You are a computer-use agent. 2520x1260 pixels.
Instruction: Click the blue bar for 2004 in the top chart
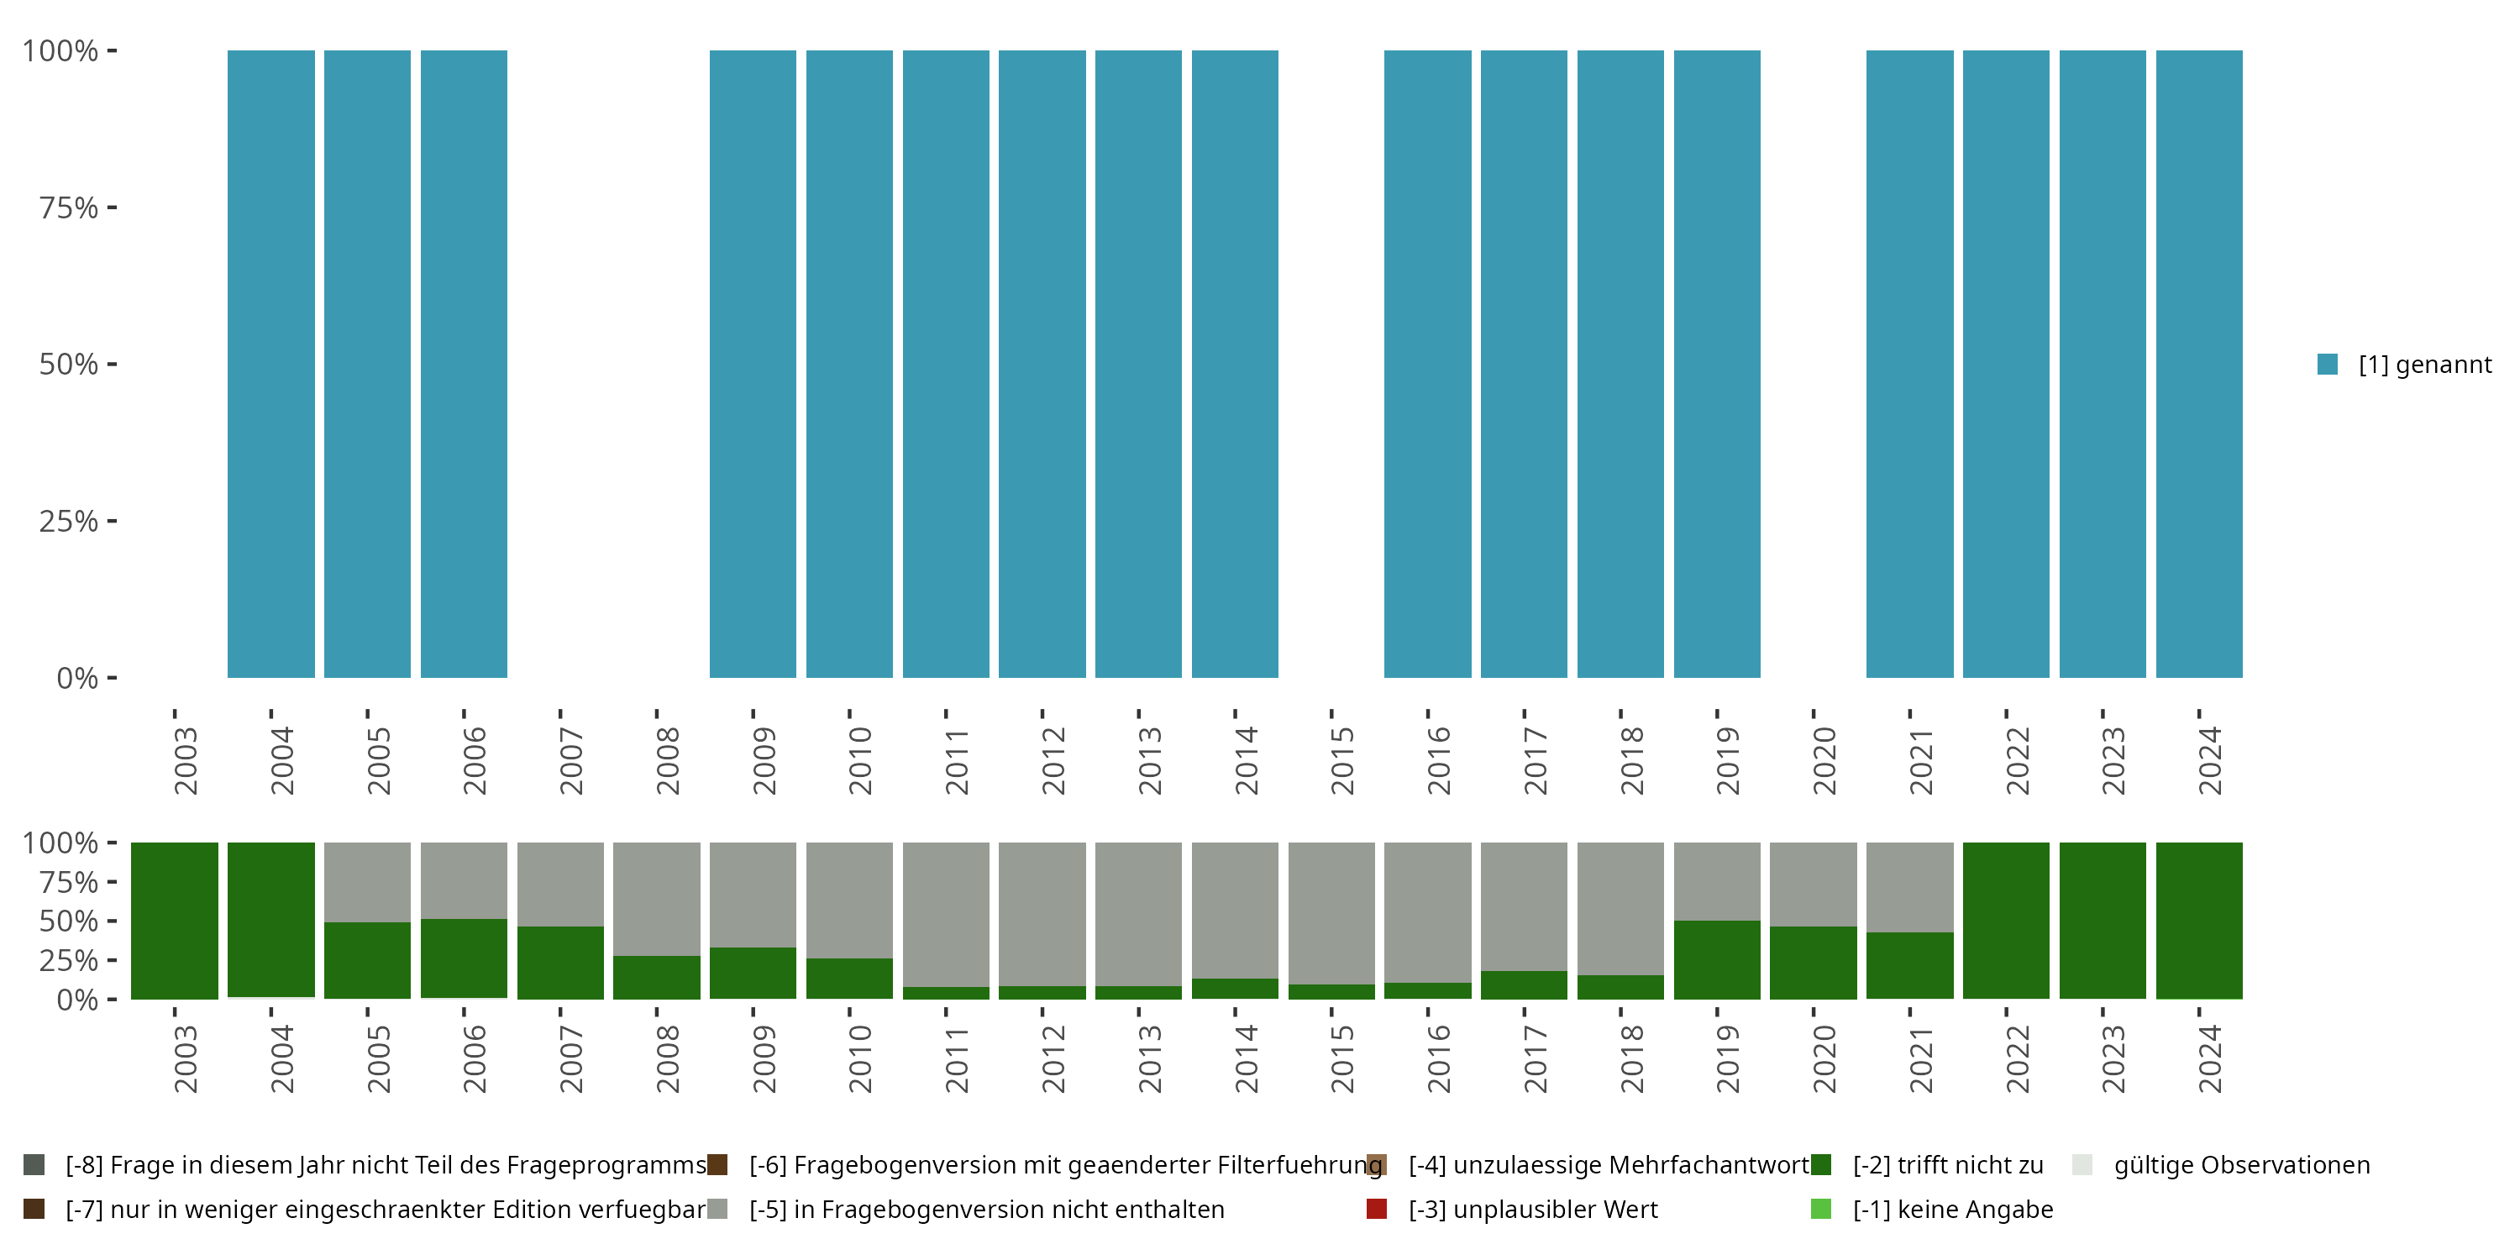tap(271, 364)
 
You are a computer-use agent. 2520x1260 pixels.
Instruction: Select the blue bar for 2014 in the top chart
tap(1235, 364)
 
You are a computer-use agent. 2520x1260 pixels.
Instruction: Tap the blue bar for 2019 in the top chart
tap(1717, 364)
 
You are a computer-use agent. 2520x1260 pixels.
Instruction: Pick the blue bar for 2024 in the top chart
tap(2199, 364)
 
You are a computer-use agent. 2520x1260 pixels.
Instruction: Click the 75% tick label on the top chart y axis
tap(69, 207)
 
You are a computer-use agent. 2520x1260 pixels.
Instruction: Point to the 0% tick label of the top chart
tap(77, 678)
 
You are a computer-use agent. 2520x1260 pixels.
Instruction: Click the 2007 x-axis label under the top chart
tap(571, 761)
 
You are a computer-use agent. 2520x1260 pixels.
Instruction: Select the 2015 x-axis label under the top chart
tap(1342, 761)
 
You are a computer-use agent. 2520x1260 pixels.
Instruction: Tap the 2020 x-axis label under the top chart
tap(1824, 761)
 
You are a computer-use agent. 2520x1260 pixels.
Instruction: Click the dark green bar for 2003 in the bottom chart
tap(174, 921)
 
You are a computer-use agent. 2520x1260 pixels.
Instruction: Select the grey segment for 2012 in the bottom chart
tap(1042, 914)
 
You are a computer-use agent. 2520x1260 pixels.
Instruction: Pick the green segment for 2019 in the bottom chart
tap(1717, 959)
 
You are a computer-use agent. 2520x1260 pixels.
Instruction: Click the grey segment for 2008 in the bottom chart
tap(656, 899)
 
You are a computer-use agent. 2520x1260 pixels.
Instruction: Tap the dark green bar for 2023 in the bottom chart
tap(2103, 921)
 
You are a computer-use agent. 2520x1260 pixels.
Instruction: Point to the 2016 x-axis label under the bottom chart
tap(1439, 1059)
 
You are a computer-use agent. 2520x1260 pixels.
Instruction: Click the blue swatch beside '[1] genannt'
tap(2328, 364)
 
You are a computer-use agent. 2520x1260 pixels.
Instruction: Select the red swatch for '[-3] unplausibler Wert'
tap(1377, 1209)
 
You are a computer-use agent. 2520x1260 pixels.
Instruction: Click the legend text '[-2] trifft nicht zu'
tap(1948, 1165)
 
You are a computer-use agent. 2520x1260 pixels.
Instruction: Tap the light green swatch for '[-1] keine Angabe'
tap(1820, 1209)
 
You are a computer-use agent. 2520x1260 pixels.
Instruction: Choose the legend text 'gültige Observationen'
tap(2241, 1165)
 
